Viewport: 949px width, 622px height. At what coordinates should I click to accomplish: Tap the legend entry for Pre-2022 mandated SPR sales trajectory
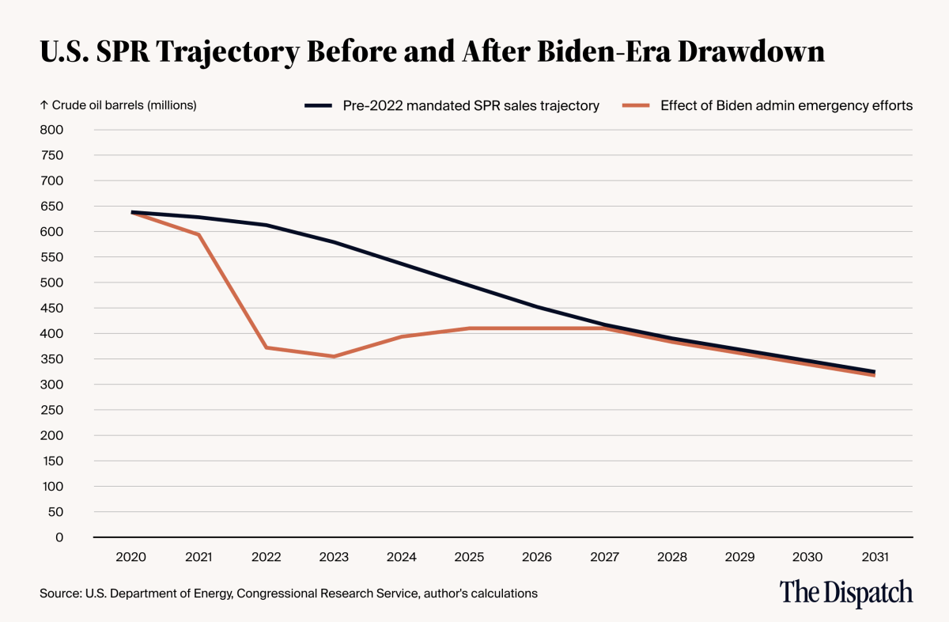pyautogui.click(x=471, y=105)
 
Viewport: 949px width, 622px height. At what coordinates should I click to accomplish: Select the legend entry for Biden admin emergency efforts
pyautogui.click(x=786, y=105)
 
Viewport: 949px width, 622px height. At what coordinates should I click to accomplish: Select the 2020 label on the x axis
pyautogui.click(x=130, y=557)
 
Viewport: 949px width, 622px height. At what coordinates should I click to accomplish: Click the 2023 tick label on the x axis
pyautogui.click(x=334, y=557)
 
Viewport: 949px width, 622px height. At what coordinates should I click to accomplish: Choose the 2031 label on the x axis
pyautogui.click(x=875, y=557)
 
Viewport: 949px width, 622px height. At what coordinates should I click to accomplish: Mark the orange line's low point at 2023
pyautogui.click(x=334, y=356)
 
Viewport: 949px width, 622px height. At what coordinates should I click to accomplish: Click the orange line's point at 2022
pyautogui.click(x=267, y=347)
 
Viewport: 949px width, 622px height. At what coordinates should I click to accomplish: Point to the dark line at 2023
pyautogui.click(x=334, y=242)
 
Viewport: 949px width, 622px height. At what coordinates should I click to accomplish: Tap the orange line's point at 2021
pyautogui.click(x=198, y=234)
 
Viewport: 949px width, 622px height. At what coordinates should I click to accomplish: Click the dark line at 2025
pyautogui.click(x=469, y=286)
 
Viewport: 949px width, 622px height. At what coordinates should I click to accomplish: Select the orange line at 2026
pyautogui.click(x=537, y=328)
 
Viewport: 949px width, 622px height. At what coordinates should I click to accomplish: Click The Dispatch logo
pyautogui.click(x=845, y=593)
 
